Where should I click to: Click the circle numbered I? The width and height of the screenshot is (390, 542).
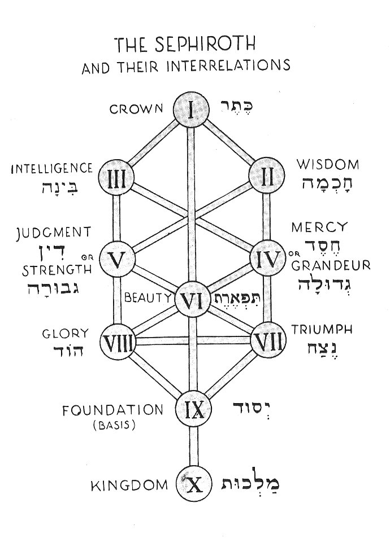(191, 109)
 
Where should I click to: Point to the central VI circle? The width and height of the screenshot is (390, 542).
(193, 300)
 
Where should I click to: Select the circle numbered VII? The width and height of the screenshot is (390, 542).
(268, 340)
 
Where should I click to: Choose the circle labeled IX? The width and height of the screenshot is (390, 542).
(193, 407)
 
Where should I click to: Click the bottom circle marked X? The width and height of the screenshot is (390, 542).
(193, 484)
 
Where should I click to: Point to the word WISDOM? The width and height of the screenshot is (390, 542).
(328, 165)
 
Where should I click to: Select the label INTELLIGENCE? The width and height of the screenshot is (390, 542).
(51, 168)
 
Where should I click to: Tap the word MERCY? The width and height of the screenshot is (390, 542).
(318, 228)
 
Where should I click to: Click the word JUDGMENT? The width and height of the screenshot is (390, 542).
(54, 232)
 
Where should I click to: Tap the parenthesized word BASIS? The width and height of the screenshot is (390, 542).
(115, 425)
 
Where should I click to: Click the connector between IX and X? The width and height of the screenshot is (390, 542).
(193, 445)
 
